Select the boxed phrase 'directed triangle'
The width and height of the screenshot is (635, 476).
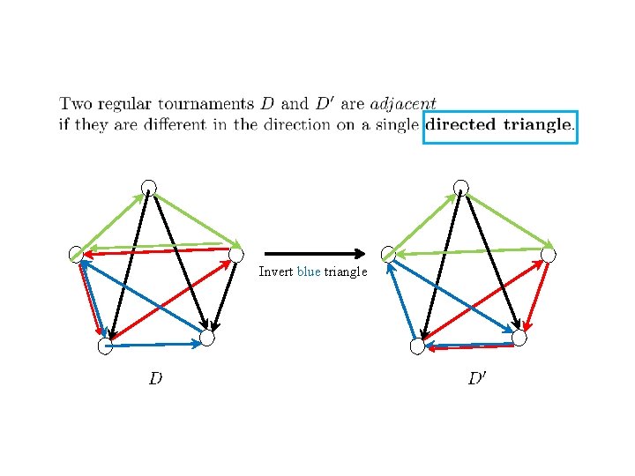click(x=500, y=125)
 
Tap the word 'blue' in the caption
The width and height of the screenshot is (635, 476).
click(x=309, y=271)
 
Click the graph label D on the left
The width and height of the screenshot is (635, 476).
click(x=155, y=379)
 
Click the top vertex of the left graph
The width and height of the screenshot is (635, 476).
click(x=149, y=187)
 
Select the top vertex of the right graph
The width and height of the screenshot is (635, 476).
click(x=460, y=187)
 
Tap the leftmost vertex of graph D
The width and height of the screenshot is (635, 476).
click(x=77, y=254)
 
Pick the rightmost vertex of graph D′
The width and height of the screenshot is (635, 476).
click(x=549, y=255)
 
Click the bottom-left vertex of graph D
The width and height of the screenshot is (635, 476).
click(x=106, y=346)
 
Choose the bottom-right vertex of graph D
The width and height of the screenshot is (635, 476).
click(x=206, y=338)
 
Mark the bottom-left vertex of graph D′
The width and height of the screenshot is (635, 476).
click(x=418, y=346)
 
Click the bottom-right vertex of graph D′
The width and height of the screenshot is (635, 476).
click(x=519, y=338)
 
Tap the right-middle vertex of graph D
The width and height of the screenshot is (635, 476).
click(x=236, y=255)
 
